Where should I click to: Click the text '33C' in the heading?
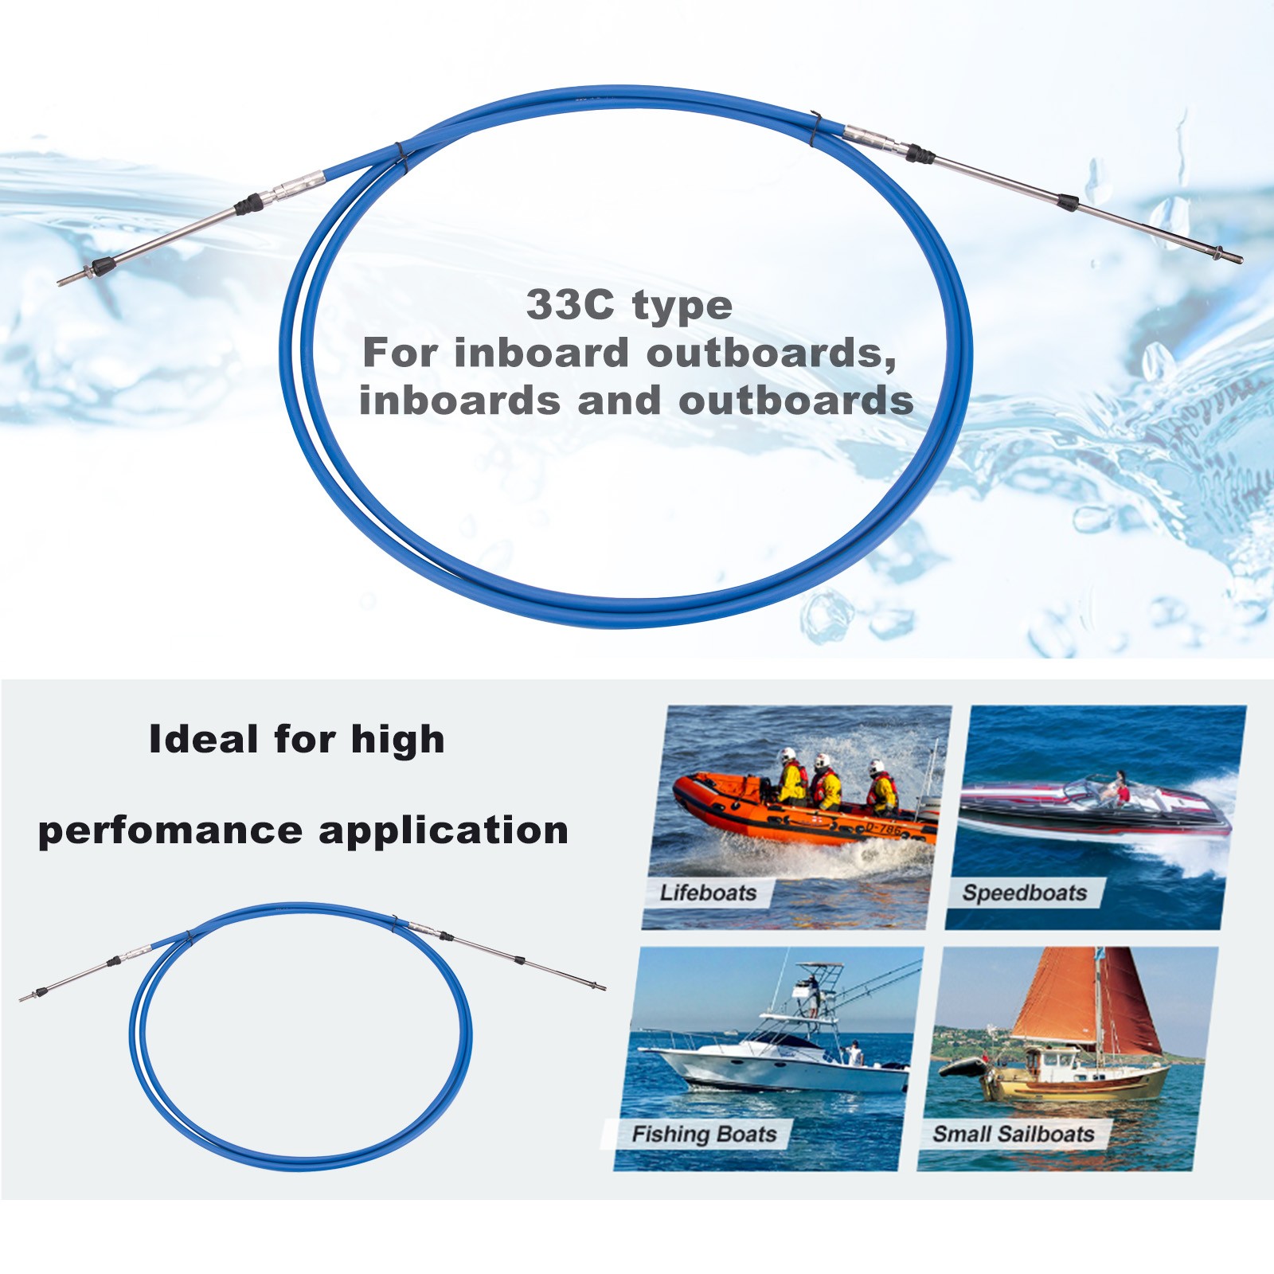point(570,305)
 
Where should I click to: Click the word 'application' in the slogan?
point(444,830)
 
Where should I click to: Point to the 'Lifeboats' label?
point(708,893)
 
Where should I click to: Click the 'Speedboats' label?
point(1025,893)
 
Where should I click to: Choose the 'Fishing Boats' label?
point(704,1134)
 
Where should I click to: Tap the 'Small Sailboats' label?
point(1014,1134)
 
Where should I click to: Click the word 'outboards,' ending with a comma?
point(772,353)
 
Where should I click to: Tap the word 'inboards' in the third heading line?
point(459,400)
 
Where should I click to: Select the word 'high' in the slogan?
point(397,739)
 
